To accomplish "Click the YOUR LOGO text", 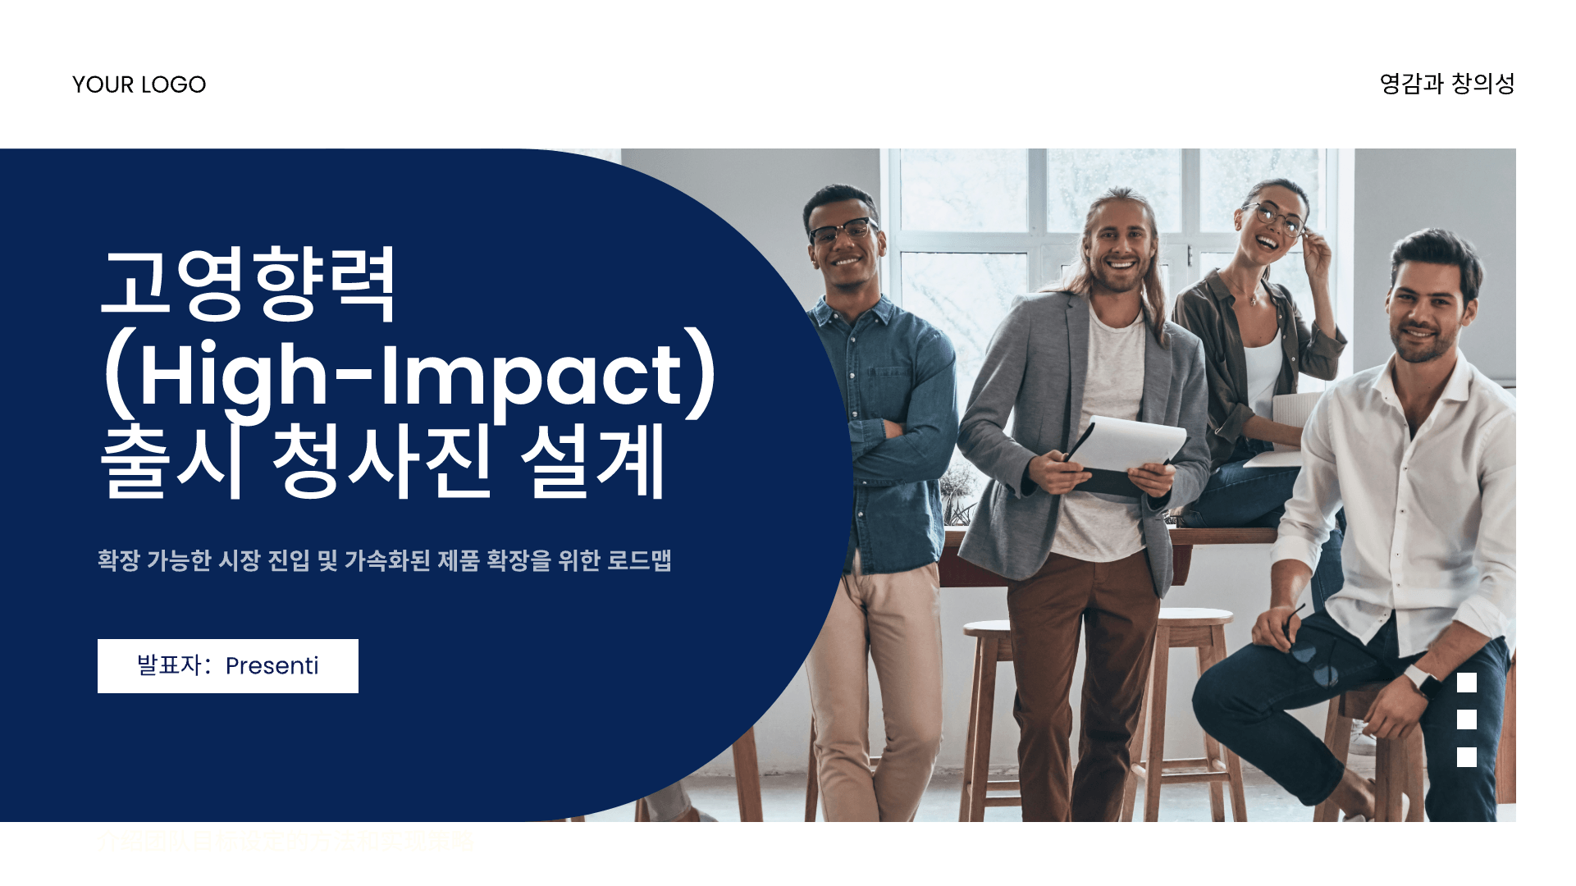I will [x=139, y=84].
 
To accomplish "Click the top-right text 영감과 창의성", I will [x=1446, y=84].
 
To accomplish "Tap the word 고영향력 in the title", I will [x=249, y=283].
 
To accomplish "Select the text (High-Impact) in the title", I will [x=409, y=376].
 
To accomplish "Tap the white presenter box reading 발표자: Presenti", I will [x=227, y=665].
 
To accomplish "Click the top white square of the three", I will [x=1466, y=683].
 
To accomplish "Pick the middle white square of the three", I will [x=1466, y=719].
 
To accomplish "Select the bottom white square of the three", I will [x=1466, y=756].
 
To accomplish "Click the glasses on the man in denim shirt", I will [x=840, y=231].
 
